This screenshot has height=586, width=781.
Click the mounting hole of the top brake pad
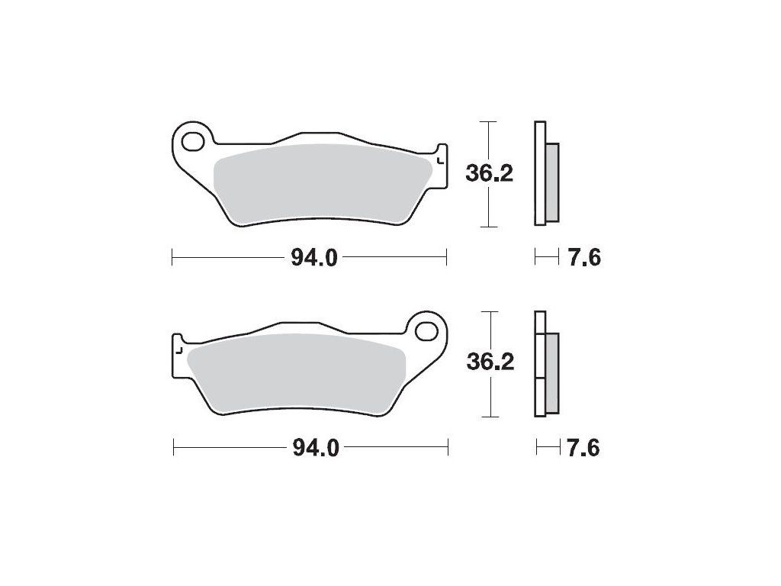click(193, 141)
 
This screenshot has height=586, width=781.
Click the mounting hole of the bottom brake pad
click(426, 331)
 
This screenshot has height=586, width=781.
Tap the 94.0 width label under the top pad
click(314, 258)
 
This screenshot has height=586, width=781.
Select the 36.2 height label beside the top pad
click(489, 174)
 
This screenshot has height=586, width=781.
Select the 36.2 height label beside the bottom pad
click(490, 362)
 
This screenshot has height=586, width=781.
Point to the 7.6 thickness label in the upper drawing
click(584, 258)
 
